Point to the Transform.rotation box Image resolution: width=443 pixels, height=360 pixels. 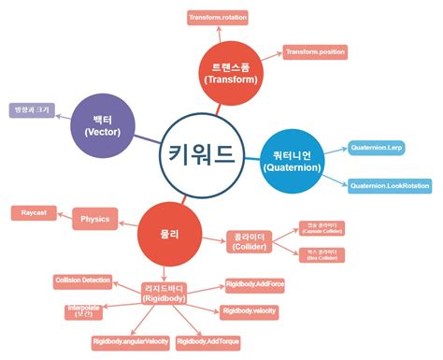point(219,18)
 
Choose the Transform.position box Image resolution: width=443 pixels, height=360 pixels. point(315,51)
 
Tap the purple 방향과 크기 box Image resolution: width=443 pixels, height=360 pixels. point(30,110)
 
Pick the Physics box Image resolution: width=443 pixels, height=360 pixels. point(94,220)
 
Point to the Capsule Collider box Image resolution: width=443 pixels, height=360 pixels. point(321,228)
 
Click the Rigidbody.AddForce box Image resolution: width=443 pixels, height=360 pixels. point(254,281)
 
